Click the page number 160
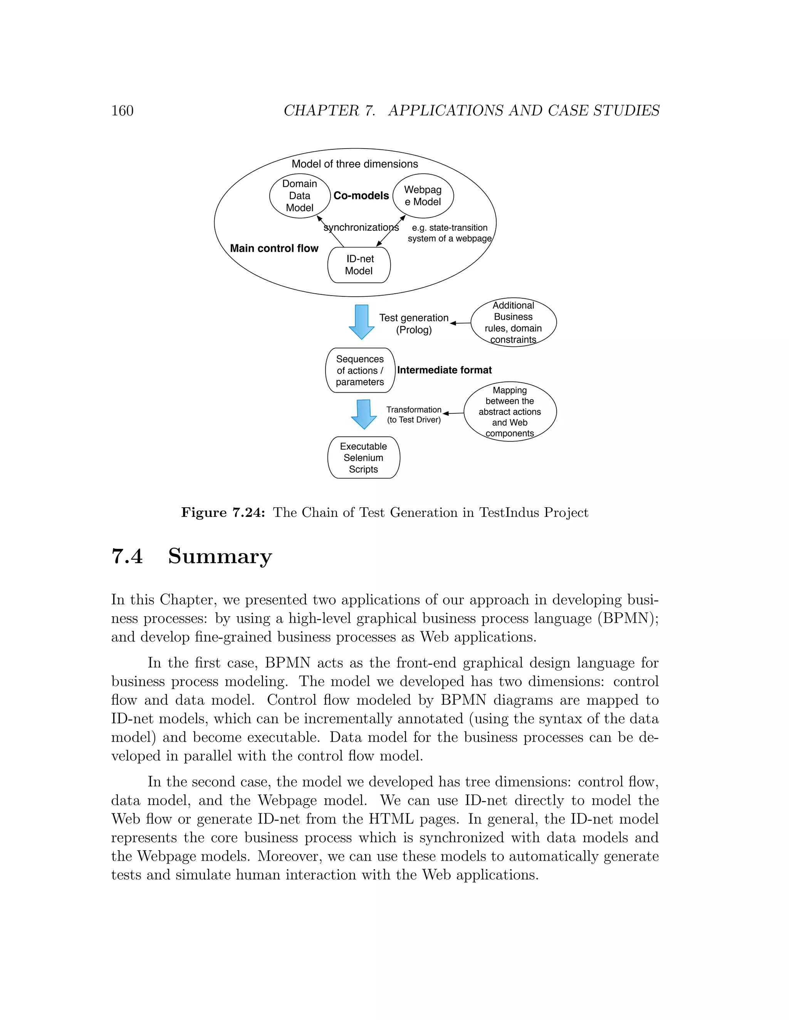(x=122, y=111)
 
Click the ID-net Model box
(x=359, y=265)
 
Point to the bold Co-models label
(x=361, y=196)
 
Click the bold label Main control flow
(x=274, y=249)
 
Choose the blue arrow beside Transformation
(x=364, y=414)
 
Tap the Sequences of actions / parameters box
(x=360, y=370)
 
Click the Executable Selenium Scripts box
(x=364, y=458)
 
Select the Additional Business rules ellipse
(x=513, y=322)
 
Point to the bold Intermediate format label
(x=444, y=370)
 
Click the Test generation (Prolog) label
(x=414, y=324)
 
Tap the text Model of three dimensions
(x=355, y=164)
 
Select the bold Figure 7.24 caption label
(x=223, y=513)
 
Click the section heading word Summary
(x=220, y=556)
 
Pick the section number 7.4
(x=127, y=556)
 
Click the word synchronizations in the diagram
(x=361, y=227)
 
